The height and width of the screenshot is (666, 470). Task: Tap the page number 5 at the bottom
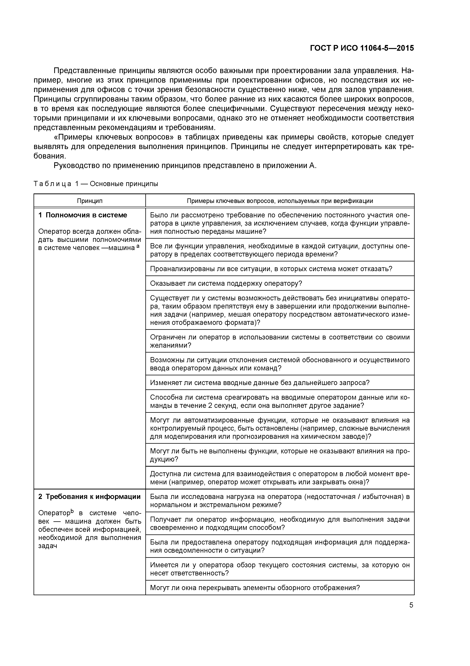[x=411, y=605]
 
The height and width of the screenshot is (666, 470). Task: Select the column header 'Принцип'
[x=89, y=201]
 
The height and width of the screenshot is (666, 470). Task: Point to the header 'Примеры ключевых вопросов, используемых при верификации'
[x=280, y=201]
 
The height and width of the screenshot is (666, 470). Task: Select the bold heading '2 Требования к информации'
[x=89, y=497]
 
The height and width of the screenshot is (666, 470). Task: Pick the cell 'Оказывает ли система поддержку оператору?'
[x=226, y=283]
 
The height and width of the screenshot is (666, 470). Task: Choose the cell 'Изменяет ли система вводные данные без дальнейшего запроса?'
[x=260, y=383]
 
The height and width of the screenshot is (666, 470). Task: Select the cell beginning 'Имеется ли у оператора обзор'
[x=280, y=569]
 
